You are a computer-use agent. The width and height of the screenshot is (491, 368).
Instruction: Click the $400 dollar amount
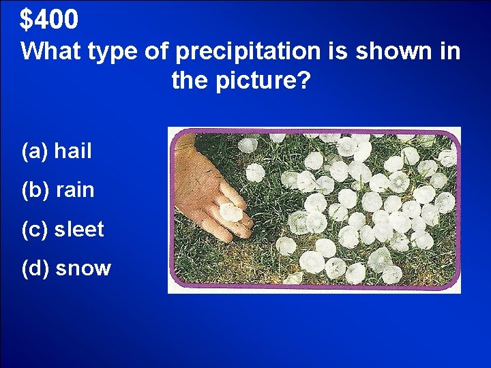(49, 20)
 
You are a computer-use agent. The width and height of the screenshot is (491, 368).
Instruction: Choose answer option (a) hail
(57, 151)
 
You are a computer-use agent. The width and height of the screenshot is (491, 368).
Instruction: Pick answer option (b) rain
(57, 189)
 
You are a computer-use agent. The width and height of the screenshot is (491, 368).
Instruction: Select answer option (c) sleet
(63, 229)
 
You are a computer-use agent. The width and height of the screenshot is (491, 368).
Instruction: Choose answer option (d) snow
(66, 268)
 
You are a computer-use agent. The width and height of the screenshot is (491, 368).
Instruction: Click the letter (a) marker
(35, 151)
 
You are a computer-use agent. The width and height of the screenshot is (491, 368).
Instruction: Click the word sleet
(79, 229)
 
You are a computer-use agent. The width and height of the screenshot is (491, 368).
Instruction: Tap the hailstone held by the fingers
(229, 212)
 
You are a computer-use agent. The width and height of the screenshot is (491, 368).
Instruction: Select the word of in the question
(153, 51)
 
